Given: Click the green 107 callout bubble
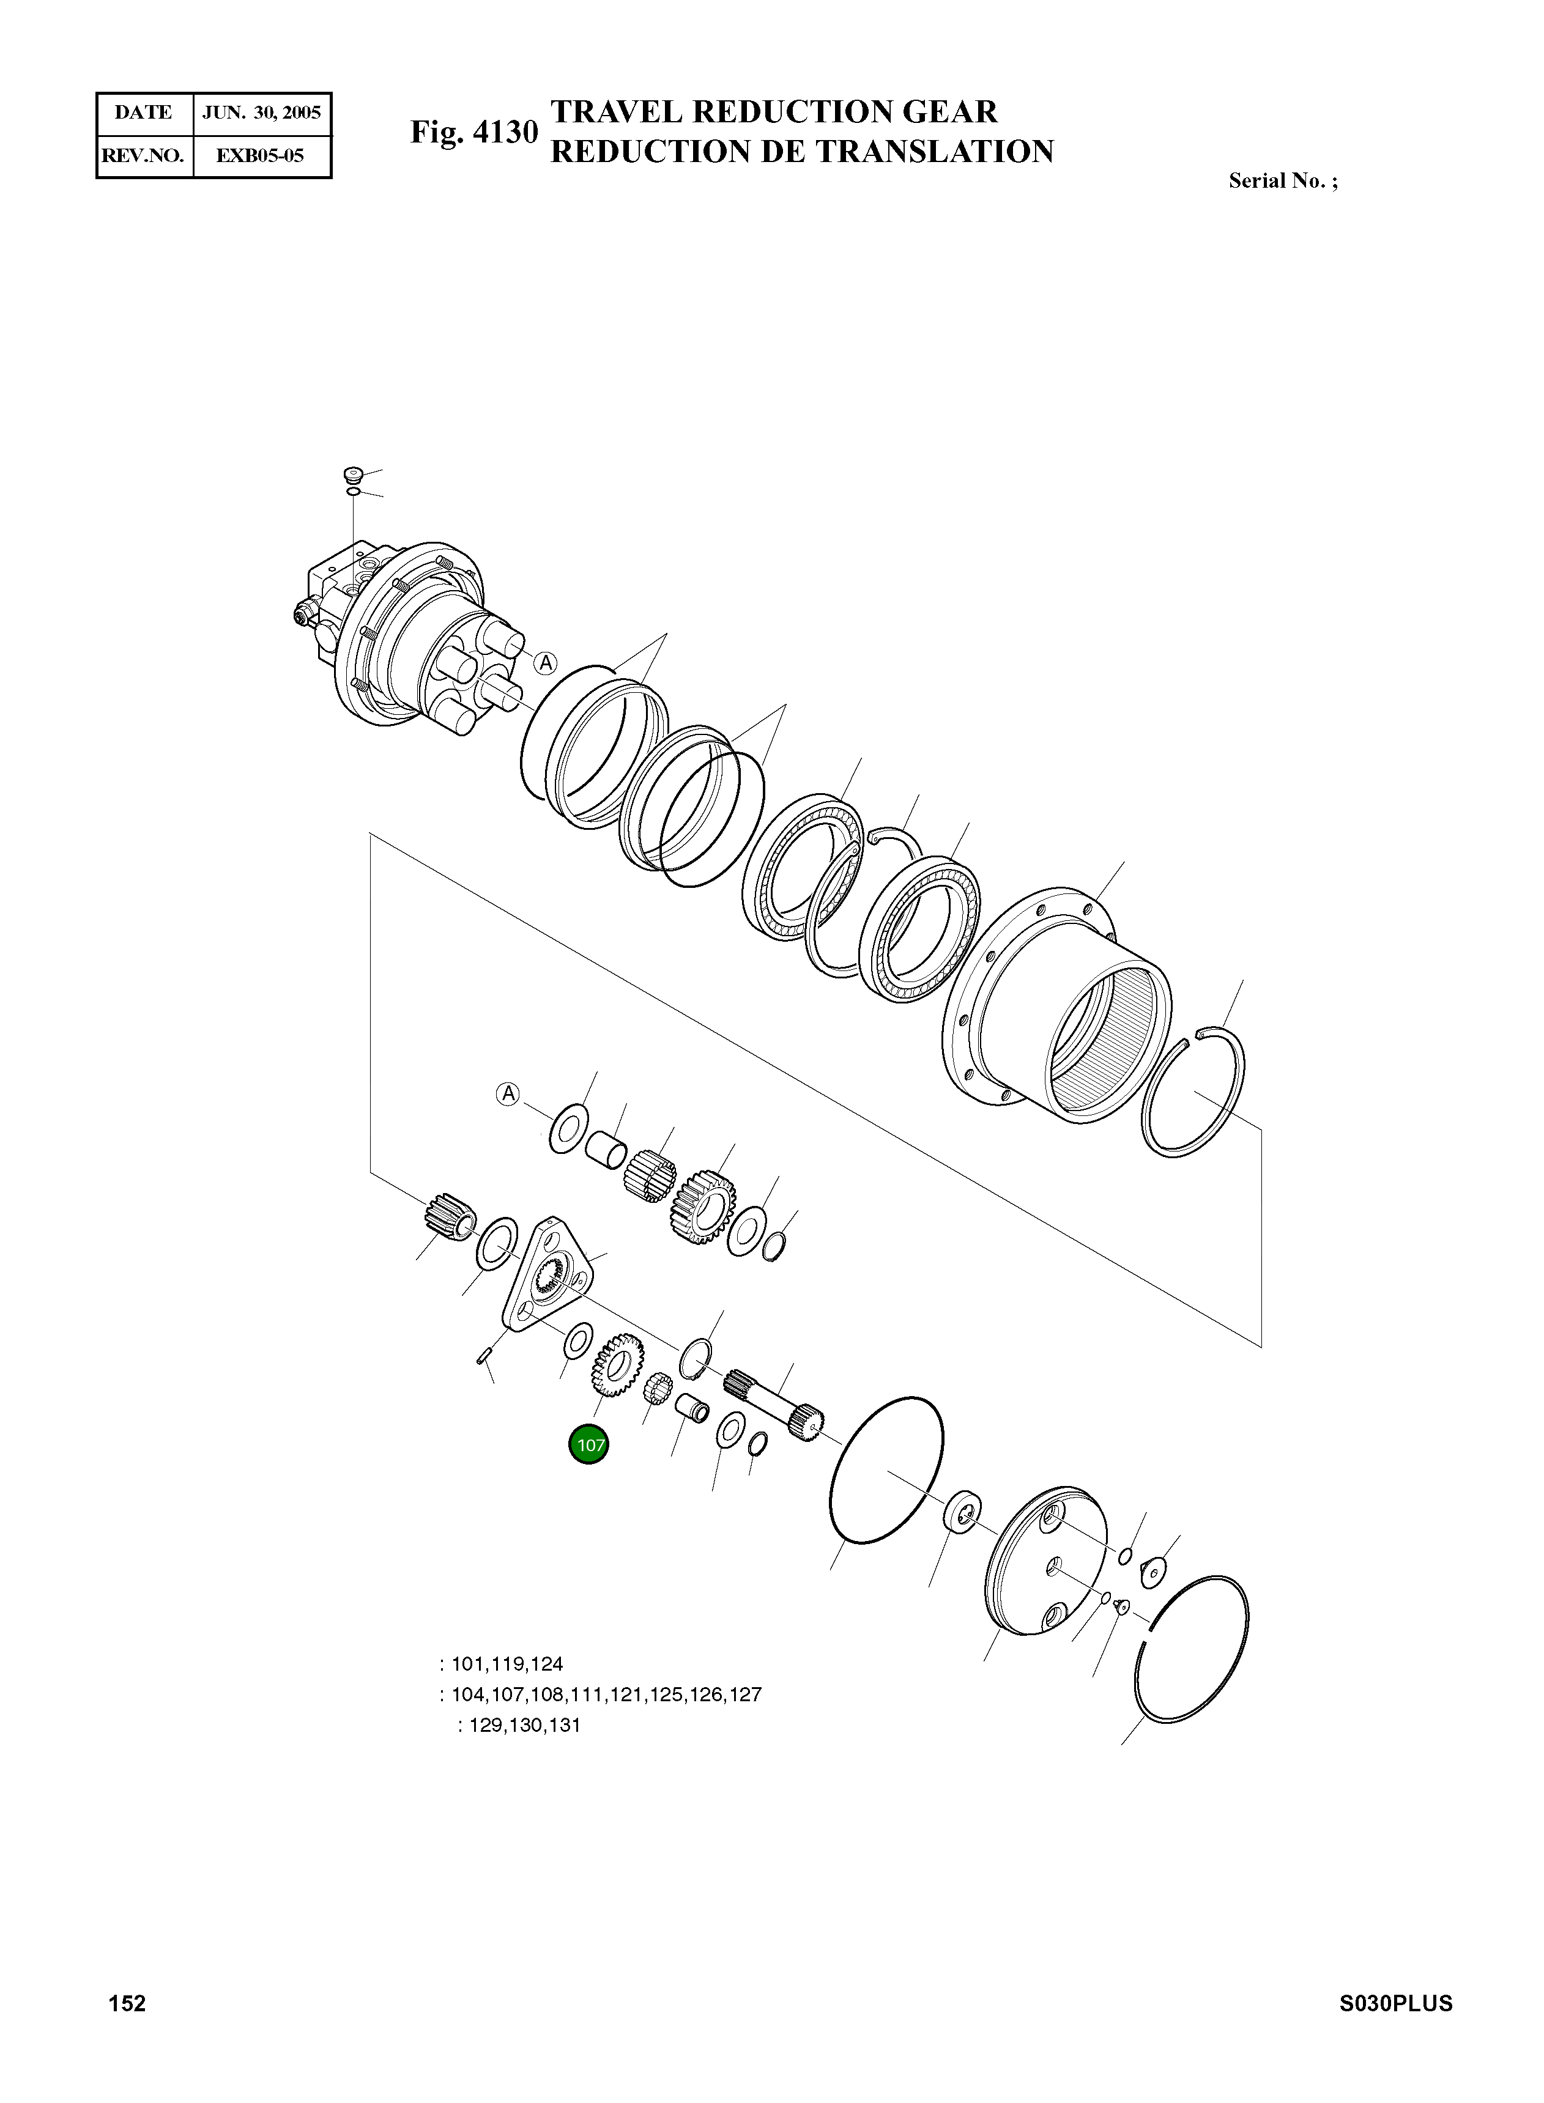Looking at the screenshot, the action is pos(589,1444).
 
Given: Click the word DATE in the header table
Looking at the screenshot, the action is pos(143,113).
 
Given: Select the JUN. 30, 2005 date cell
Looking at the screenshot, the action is pos(262,113).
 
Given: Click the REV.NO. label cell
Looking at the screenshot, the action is pos(143,156).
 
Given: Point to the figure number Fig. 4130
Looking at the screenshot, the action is pos(475,133).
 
